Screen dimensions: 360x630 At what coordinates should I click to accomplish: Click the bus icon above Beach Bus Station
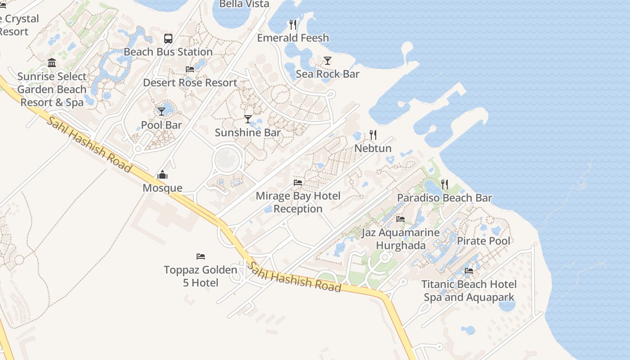(168, 39)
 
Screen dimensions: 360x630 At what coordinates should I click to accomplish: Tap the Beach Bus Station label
(168, 52)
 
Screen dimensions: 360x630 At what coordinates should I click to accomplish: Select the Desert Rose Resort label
(190, 83)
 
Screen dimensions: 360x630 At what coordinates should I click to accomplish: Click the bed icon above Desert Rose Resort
(190, 69)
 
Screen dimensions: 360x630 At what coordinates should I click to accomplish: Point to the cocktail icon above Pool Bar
(162, 111)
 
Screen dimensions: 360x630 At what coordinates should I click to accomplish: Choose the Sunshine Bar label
(247, 133)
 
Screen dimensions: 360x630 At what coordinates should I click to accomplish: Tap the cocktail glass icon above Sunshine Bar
(248, 119)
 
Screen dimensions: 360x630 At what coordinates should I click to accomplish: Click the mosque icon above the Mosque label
(162, 175)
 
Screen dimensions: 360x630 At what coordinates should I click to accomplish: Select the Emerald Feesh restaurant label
(293, 38)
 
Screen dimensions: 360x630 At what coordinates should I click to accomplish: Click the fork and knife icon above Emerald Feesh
(293, 24)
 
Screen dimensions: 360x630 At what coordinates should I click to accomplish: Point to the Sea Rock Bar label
(328, 74)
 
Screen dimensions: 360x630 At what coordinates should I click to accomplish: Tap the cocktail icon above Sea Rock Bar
(328, 61)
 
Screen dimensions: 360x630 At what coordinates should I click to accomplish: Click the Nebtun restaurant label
(373, 148)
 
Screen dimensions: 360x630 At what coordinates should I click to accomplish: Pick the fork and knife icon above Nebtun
(373, 135)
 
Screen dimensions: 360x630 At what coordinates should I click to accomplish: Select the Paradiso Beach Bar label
(445, 198)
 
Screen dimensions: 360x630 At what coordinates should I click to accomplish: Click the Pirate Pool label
(484, 241)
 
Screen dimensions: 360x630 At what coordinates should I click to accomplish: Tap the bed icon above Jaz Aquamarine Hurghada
(400, 219)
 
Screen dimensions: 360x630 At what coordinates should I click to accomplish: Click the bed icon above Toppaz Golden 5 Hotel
(201, 256)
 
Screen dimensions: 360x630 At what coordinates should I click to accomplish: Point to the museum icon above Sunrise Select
(52, 63)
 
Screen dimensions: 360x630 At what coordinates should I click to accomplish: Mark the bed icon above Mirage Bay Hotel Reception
(298, 183)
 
